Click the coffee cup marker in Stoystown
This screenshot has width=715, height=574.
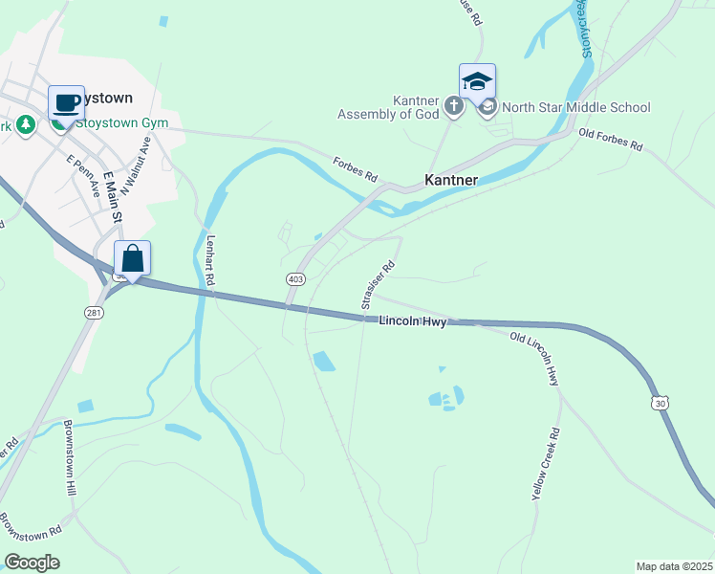click(66, 101)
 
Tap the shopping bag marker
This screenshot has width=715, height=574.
click(132, 257)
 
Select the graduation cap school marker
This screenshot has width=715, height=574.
click(477, 81)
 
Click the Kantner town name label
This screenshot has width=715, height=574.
click(451, 180)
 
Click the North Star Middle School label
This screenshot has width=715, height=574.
click(575, 108)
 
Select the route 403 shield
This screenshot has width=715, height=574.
click(295, 278)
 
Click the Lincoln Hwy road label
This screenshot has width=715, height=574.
click(412, 322)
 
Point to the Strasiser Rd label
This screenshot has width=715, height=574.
click(378, 286)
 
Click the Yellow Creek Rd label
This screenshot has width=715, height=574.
click(546, 466)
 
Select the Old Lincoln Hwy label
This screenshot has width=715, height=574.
click(533, 359)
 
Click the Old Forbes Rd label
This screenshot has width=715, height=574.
click(611, 141)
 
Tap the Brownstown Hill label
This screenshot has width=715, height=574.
click(70, 456)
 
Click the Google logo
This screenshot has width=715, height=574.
click(32, 563)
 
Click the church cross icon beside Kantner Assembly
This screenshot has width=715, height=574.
click(454, 106)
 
